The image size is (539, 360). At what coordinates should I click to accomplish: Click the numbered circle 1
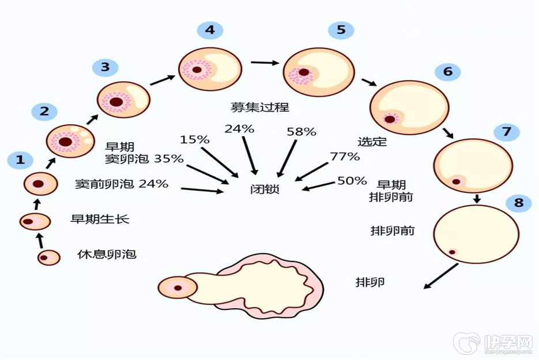[x=20, y=160]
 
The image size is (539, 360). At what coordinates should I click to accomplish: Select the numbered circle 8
[x=518, y=202]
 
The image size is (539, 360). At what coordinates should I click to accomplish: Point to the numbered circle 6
[x=447, y=71]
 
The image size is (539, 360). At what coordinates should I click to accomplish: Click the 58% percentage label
[x=301, y=132]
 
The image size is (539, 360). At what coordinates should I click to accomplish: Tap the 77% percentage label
[x=345, y=156]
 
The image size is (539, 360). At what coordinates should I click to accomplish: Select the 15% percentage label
[x=195, y=139]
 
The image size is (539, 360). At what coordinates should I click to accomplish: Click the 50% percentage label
[x=352, y=181]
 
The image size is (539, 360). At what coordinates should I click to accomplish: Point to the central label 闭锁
[x=265, y=188]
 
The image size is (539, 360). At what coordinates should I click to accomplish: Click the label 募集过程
[x=252, y=107]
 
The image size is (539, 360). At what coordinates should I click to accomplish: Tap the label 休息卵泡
[x=107, y=253]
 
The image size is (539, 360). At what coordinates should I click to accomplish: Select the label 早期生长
[x=100, y=219]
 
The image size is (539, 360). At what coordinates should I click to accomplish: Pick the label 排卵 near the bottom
[x=370, y=282]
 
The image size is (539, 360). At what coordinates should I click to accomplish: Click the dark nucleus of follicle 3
[x=116, y=102]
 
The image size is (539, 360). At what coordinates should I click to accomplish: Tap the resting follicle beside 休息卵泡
[x=49, y=257]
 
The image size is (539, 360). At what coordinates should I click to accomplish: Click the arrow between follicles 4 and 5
[x=263, y=62]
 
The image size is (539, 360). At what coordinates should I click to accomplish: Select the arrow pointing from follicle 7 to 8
[x=477, y=199]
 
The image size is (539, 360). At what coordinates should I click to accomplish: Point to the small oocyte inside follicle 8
[x=453, y=252]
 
